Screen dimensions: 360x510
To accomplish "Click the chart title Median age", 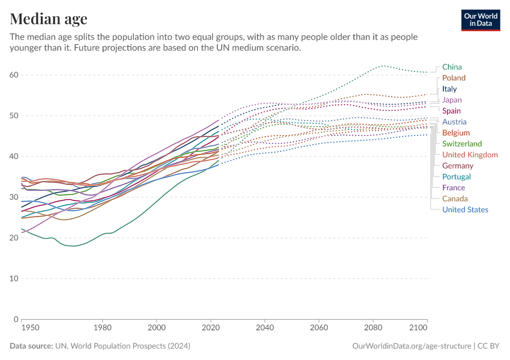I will click(x=49, y=19).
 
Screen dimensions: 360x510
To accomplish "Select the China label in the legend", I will click(x=452, y=67).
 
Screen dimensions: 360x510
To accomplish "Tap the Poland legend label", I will click(x=454, y=78).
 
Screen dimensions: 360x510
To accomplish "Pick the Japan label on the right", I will click(x=452, y=100).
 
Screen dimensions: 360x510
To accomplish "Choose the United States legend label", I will click(x=465, y=209).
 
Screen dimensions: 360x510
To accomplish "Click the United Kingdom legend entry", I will click(x=470, y=155).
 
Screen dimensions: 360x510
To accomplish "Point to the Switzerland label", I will click(x=461, y=144).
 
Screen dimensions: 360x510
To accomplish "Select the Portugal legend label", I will click(x=456, y=176).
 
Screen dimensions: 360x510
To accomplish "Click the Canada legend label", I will click(x=455, y=199).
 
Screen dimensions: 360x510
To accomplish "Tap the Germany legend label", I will click(x=458, y=166).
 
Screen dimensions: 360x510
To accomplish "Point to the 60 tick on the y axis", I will click(x=14, y=75).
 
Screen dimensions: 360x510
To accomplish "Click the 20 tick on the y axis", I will click(x=14, y=238).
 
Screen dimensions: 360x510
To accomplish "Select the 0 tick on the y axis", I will click(x=16, y=319).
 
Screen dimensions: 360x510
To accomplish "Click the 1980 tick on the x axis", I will click(x=103, y=328).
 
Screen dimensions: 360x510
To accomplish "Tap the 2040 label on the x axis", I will click(x=265, y=328).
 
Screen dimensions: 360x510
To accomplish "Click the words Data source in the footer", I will click(x=31, y=346).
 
